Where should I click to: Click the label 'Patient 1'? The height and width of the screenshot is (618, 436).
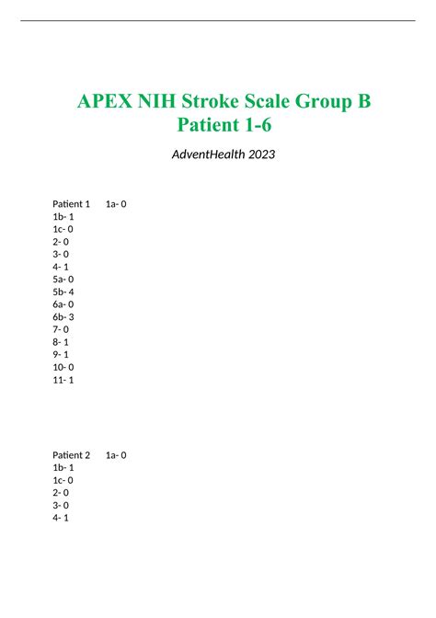[x=72, y=204]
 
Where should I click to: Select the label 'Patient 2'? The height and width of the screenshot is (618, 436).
[x=72, y=455]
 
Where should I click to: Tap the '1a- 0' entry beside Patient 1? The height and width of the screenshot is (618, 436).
[x=116, y=204]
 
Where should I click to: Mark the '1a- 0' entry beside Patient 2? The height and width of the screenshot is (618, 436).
[x=116, y=455]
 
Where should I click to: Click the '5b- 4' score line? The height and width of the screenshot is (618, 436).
[x=63, y=292]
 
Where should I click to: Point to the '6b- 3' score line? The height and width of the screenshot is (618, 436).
[x=63, y=316]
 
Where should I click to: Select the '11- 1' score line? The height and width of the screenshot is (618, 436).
[x=63, y=379]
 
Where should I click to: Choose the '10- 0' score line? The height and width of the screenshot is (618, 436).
[x=63, y=367]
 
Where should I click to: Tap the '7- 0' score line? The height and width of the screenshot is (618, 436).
[x=61, y=329]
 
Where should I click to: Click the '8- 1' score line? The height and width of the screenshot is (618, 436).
[x=61, y=341]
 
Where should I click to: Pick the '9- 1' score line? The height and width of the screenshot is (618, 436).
[x=61, y=354]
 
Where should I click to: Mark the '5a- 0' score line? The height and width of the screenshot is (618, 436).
[x=63, y=279]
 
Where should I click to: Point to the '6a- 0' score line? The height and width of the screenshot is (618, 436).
[x=63, y=304]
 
